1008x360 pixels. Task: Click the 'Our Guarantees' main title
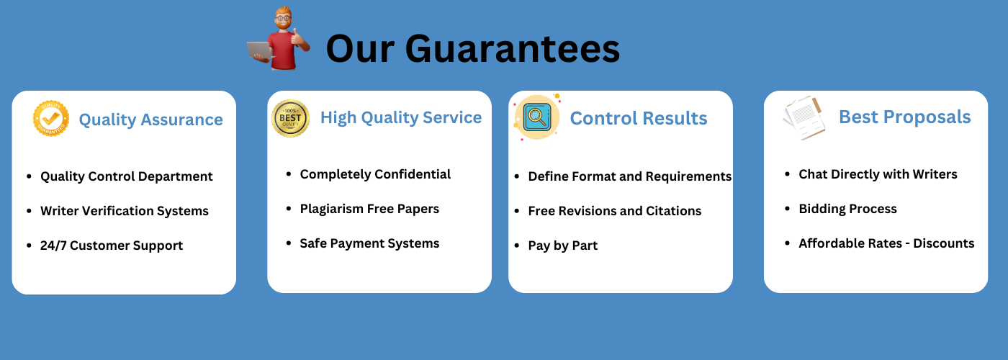point(472,49)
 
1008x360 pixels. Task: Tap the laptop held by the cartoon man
point(260,51)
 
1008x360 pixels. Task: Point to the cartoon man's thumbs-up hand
point(298,37)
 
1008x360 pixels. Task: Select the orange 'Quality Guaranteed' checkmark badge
point(51,118)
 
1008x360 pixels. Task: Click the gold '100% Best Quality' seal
point(290,118)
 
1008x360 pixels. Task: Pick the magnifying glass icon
point(537,117)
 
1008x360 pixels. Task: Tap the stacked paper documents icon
point(805,117)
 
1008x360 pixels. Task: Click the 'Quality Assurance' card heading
point(150,120)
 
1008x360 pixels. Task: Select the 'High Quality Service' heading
point(401,117)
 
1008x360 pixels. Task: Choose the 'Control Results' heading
point(639,118)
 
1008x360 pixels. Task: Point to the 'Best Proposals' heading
point(904,117)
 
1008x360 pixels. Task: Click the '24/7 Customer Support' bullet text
point(112,246)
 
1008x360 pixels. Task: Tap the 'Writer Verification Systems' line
point(125,210)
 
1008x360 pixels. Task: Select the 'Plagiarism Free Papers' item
point(369,209)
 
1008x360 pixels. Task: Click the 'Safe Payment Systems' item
point(369,243)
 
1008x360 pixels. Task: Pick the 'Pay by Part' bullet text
point(562,246)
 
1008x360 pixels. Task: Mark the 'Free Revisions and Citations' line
point(615,210)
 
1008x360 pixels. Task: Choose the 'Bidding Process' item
point(848,209)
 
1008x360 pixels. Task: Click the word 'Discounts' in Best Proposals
point(944,243)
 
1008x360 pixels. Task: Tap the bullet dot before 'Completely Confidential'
point(289,174)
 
